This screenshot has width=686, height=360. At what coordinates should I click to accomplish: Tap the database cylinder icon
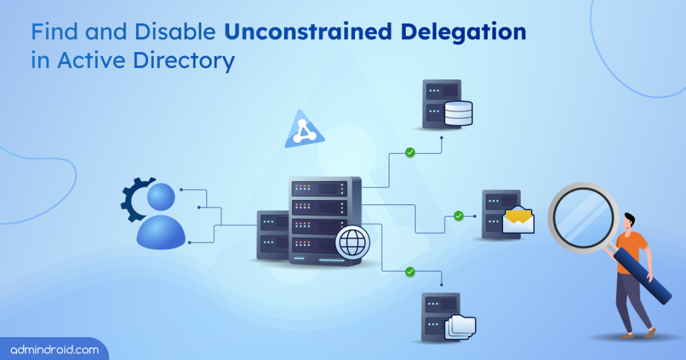coord(458,113)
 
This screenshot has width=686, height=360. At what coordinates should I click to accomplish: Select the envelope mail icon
coord(518,220)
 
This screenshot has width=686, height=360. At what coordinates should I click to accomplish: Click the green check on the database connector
coord(410,152)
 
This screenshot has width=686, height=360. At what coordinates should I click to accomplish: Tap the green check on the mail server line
coord(459,216)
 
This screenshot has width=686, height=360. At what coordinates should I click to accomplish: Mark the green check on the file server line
coord(410,272)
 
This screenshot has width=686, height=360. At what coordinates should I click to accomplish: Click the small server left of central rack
coord(272,234)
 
